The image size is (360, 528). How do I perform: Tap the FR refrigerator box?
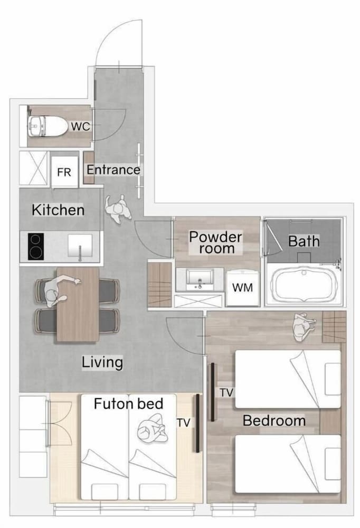tap(64, 171)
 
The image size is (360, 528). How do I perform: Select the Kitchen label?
tap(58, 210)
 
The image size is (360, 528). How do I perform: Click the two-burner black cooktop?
tap(36, 247)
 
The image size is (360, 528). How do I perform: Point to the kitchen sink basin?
tap(80, 246)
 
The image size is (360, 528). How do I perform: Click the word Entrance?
tap(113, 169)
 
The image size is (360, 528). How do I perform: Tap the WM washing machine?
tap(242, 287)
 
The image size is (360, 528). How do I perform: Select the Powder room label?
tap(216, 242)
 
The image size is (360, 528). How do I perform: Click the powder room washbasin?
tap(200, 279)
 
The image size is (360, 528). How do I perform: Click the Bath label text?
tap(304, 241)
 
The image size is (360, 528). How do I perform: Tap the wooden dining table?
tap(78, 305)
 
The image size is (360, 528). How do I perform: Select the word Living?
tap(102, 362)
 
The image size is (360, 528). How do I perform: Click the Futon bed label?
tap(128, 403)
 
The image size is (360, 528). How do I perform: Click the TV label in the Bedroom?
tap(226, 392)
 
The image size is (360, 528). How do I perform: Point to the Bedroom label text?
tap(274, 421)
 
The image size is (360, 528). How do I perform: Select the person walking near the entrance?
tap(118, 209)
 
